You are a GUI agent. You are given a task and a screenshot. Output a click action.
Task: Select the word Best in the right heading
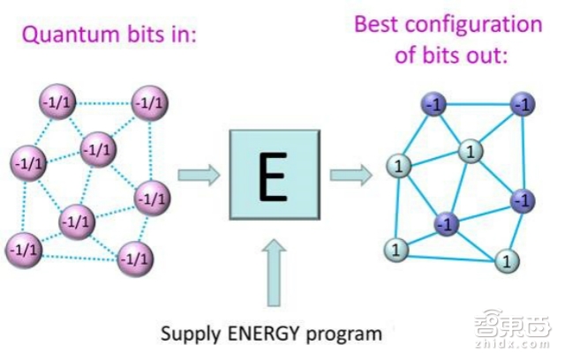click(x=377, y=24)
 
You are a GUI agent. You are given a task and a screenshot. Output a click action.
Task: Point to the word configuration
click(x=472, y=24)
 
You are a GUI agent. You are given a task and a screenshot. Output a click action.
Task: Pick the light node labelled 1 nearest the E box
click(x=397, y=164)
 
